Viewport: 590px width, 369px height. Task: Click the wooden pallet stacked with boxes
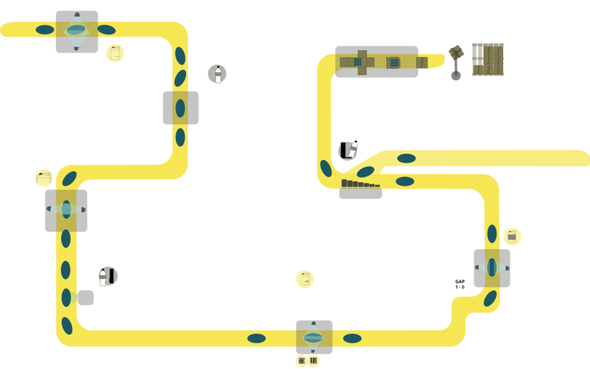tap(488, 59)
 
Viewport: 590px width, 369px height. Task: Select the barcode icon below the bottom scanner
tap(313, 361)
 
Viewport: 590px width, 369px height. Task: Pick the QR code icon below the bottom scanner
tap(301, 361)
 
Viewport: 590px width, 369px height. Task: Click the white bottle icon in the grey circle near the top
tap(217, 74)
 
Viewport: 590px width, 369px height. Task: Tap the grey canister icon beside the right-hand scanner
tap(512, 236)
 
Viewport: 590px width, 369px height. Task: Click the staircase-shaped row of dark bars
tap(361, 184)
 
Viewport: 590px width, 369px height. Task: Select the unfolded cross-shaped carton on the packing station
tap(362, 62)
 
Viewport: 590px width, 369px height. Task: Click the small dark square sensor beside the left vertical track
tap(86, 298)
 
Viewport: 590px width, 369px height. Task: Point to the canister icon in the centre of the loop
tap(305, 279)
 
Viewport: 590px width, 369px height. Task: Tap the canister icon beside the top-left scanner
tap(115, 53)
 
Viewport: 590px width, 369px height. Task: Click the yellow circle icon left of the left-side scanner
tap(44, 178)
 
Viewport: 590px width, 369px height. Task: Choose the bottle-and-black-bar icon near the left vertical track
tap(108, 276)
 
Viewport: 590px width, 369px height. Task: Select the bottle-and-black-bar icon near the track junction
tap(348, 150)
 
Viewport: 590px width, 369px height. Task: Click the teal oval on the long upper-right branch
tap(406, 158)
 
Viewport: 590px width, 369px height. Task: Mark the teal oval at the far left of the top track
tap(45, 29)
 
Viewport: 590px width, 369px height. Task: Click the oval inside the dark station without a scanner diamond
tap(180, 108)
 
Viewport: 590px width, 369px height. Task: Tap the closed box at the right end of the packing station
tap(422, 62)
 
